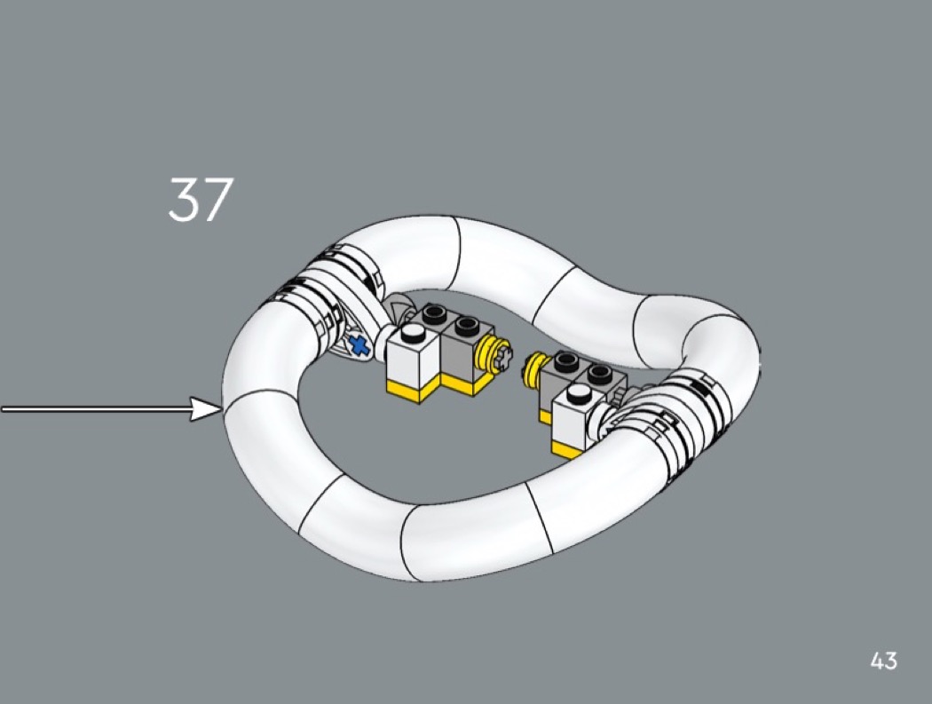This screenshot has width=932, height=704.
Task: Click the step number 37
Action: pyautogui.click(x=200, y=200)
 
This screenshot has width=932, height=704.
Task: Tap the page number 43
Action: pyautogui.click(x=884, y=660)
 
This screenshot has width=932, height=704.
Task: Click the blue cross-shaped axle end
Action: pyautogui.click(x=358, y=346)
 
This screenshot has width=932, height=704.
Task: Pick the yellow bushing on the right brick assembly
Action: pyautogui.click(x=536, y=368)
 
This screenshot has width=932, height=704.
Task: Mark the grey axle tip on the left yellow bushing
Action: pyautogui.click(x=503, y=358)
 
